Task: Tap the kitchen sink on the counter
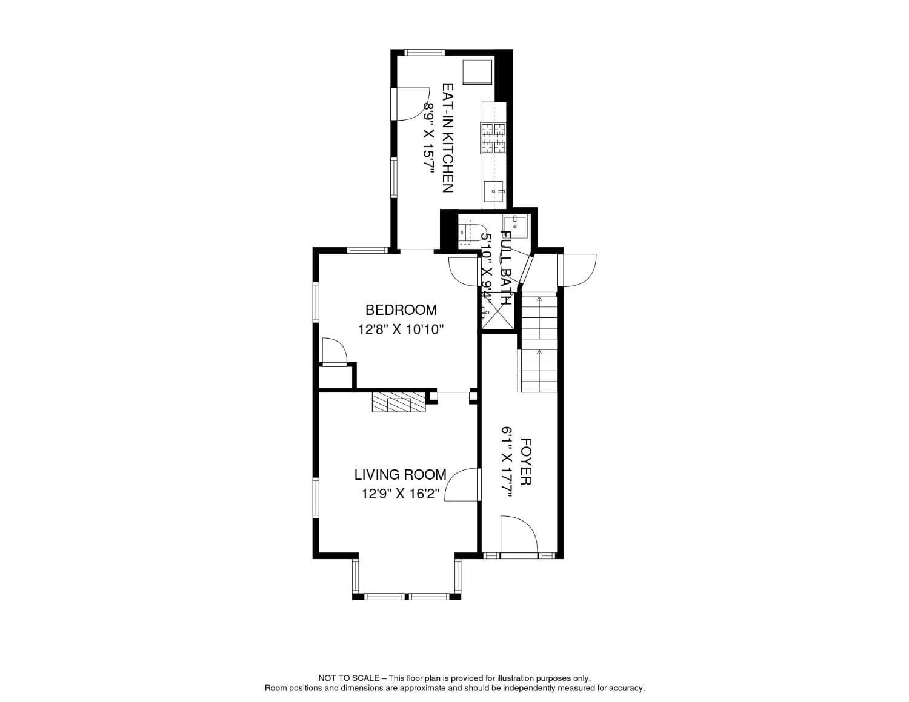(494, 191)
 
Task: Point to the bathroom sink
(518, 225)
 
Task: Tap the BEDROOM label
(401, 310)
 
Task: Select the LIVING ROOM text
(400, 475)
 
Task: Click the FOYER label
(525, 462)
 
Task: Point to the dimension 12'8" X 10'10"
(401, 330)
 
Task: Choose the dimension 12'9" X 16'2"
(400, 494)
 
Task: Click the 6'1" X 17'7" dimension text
(507, 462)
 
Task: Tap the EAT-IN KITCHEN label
(448, 138)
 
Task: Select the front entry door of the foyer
(519, 535)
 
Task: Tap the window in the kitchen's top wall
(424, 53)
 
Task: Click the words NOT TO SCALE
(348, 678)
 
